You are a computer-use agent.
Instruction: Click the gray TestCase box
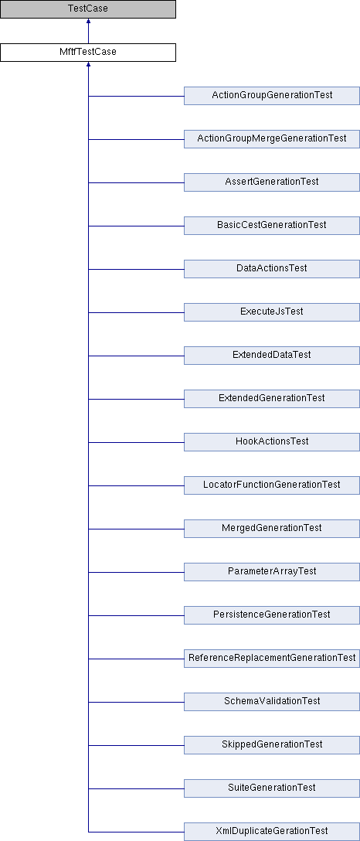pyautogui.click(x=88, y=9)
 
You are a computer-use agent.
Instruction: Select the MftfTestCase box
pyautogui.click(x=88, y=53)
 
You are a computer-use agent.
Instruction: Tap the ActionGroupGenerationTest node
pyautogui.click(x=272, y=96)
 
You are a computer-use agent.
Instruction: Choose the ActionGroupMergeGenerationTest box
pyautogui.click(x=272, y=139)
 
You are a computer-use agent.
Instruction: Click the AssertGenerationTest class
pyautogui.click(x=272, y=182)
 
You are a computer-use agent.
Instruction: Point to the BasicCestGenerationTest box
pyautogui.click(x=272, y=225)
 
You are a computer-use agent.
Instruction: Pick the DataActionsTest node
pyautogui.click(x=272, y=269)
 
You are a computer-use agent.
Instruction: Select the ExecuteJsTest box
pyautogui.click(x=272, y=312)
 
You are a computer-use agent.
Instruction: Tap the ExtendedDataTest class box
pyautogui.click(x=272, y=355)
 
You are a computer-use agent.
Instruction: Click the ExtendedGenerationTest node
pyautogui.click(x=272, y=399)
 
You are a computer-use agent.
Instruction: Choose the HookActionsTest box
pyautogui.click(x=272, y=442)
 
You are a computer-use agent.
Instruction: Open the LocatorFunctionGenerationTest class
pyautogui.click(x=272, y=485)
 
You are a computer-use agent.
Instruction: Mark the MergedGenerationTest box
pyautogui.click(x=272, y=528)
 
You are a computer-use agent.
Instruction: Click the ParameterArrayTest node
pyautogui.click(x=272, y=572)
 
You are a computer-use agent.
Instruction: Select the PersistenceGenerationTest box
pyautogui.click(x=272, y=615)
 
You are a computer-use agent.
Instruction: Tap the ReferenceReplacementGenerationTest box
pyautogui.click(x=272, y=658)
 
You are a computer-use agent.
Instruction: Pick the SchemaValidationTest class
pyautogui.click(x=272, y=702)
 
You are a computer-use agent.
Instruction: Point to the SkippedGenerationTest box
pyautogui.click(x=272, y=744)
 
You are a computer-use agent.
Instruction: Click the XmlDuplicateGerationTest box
pyautogui.click(x=272, y=832)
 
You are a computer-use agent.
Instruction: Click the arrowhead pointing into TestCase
pyautogui.click(x=88, y=22)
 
